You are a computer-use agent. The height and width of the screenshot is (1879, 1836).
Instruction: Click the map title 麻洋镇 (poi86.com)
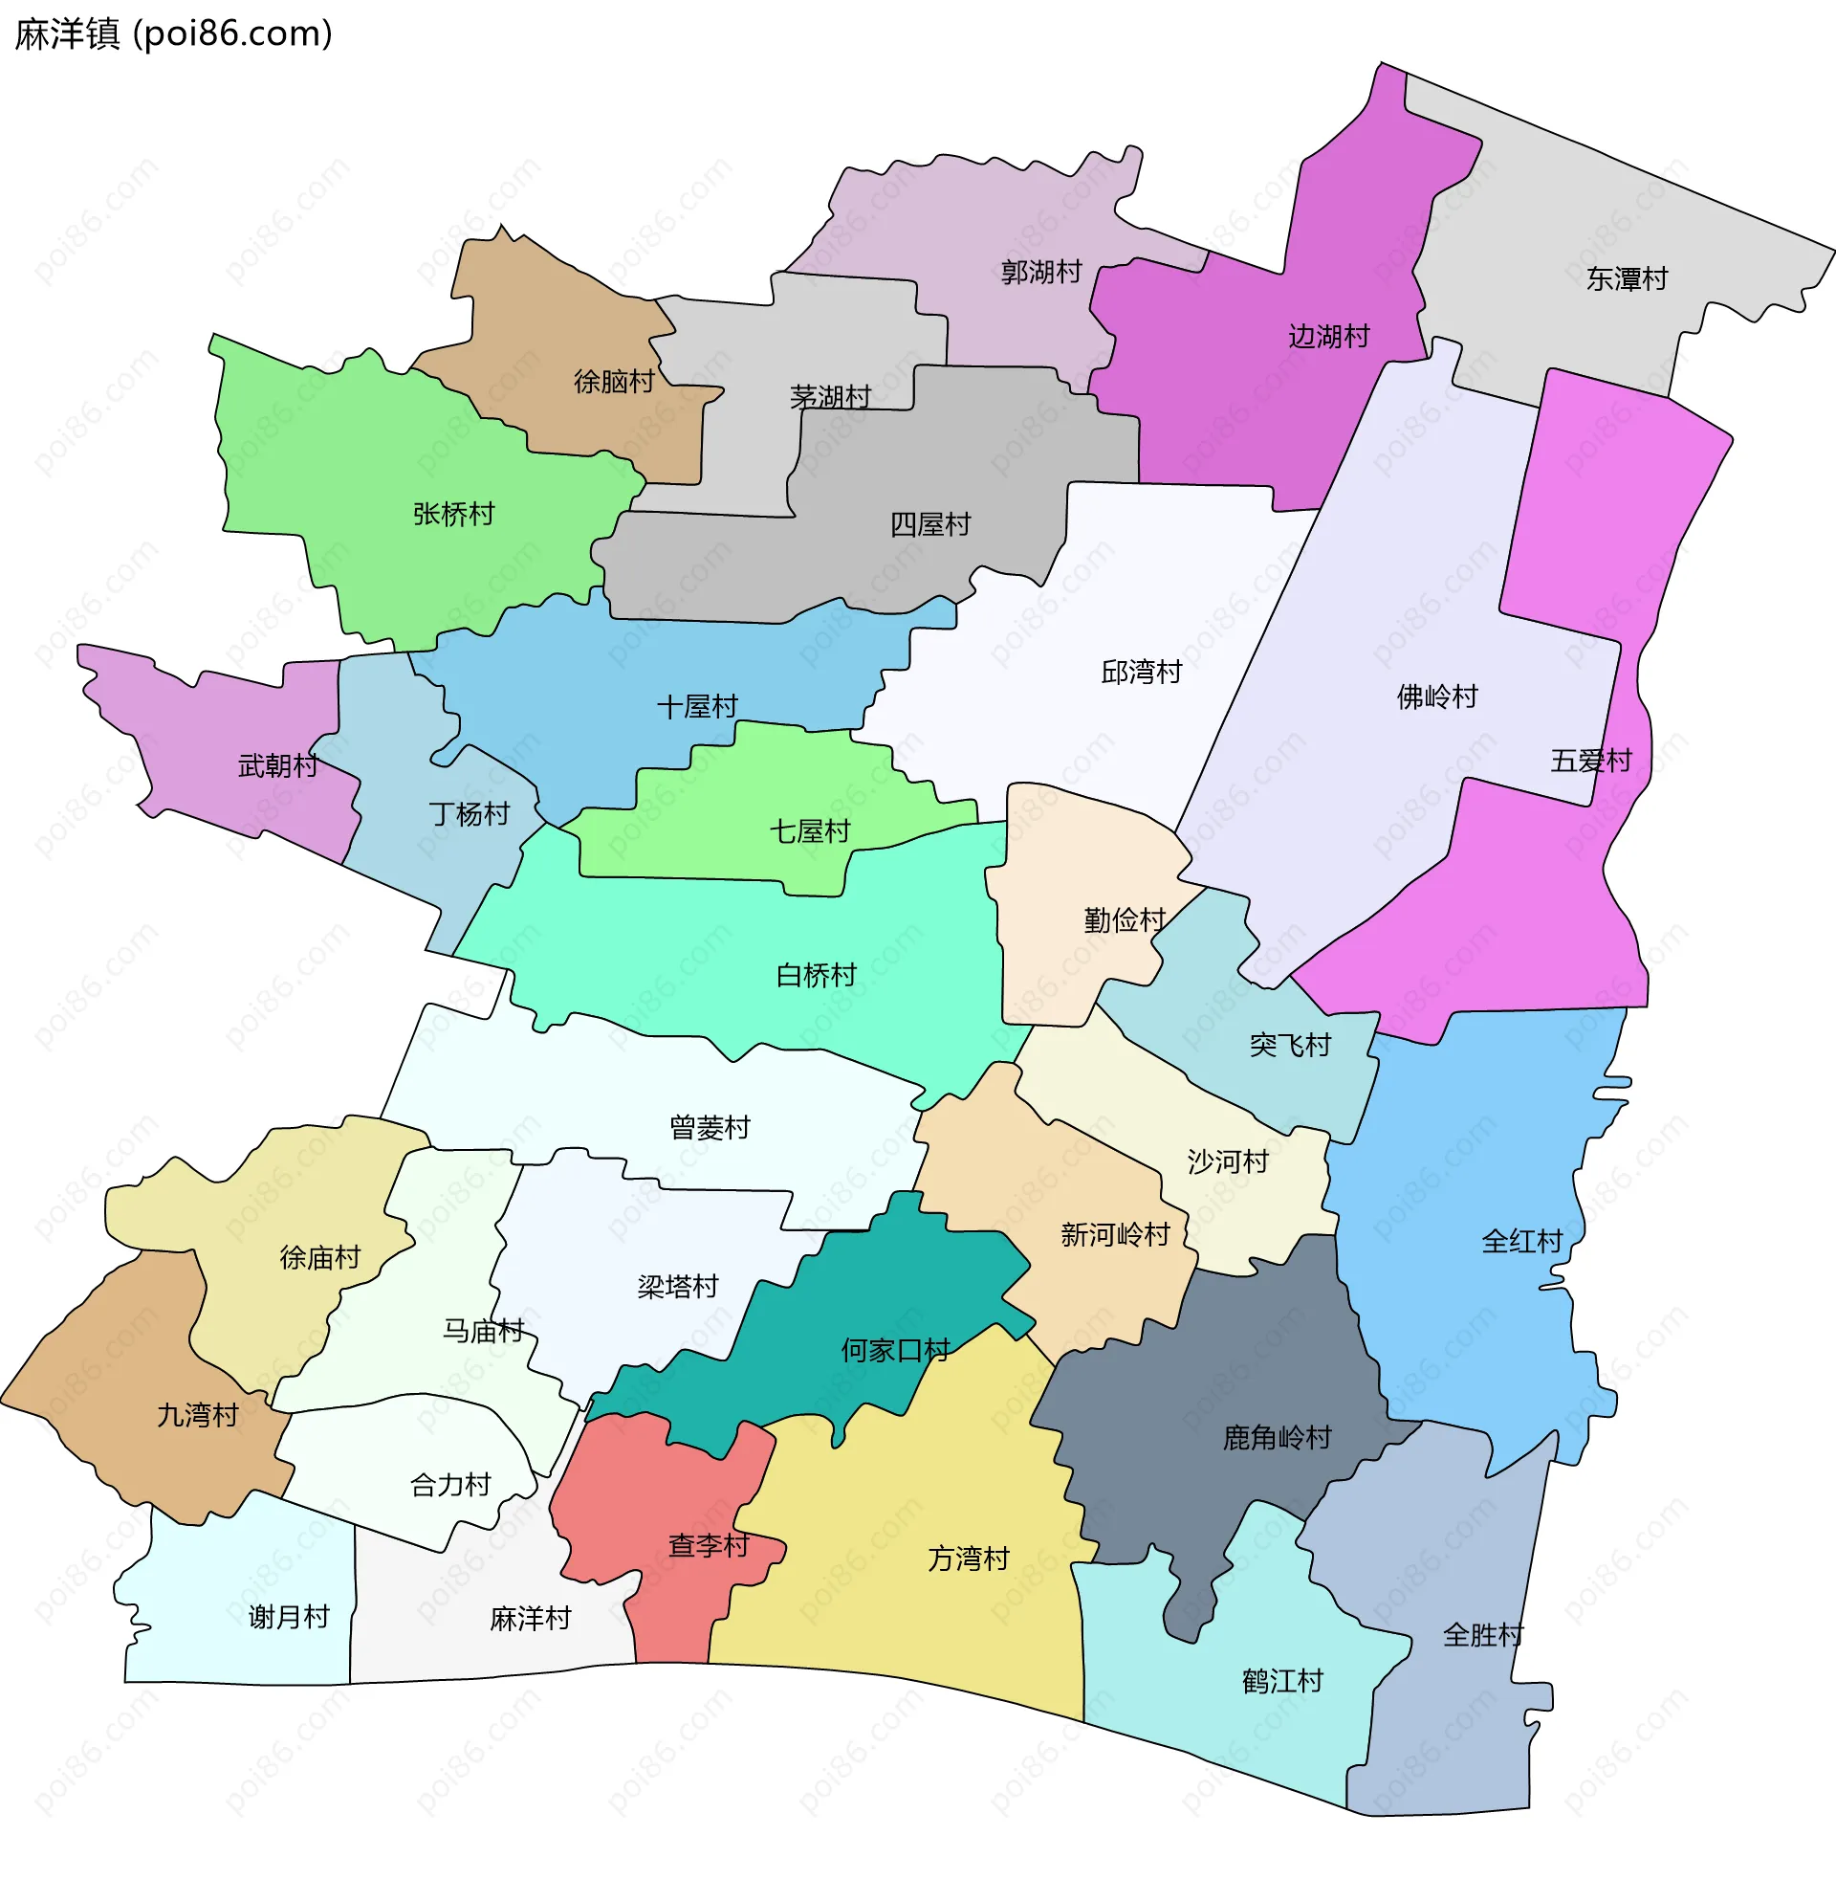click(x=174, y=33)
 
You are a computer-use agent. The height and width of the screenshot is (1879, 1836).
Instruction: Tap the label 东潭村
click(x=1627, y=278)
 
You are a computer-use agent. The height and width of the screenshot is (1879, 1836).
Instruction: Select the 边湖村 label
click(x=1329, y=336)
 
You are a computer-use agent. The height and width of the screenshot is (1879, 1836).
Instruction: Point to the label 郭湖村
click(x=1040, y=272)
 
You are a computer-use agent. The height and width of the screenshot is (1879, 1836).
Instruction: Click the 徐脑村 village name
click(x=613, y=381)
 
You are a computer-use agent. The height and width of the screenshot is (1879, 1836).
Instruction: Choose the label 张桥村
click(x=453, y=513)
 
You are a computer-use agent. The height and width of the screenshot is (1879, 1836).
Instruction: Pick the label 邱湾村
click(x=1141, y=672)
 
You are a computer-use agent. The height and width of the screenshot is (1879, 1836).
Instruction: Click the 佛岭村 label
click(x=1437, y=696)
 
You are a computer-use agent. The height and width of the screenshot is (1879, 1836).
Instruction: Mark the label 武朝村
click(x=277, y=765)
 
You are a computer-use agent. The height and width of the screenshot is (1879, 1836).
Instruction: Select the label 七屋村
click(x=809, y=830)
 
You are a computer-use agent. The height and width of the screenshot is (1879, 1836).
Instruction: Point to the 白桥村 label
click(x=816, y=974)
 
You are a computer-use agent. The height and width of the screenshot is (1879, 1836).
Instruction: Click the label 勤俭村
click(x=1125, y=919)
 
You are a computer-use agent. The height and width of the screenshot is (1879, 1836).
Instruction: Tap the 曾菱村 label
click(x=710, y=1127)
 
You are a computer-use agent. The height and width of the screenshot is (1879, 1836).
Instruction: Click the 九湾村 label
click(x=198, y=1414)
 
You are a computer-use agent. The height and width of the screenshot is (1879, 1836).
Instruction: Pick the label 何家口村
click(x=895, y=1349)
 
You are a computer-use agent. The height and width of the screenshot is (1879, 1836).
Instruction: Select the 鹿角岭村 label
click(x=1277, y=1437)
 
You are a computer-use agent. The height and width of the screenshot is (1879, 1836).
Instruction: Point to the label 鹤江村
click(x=1282, y=1680)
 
